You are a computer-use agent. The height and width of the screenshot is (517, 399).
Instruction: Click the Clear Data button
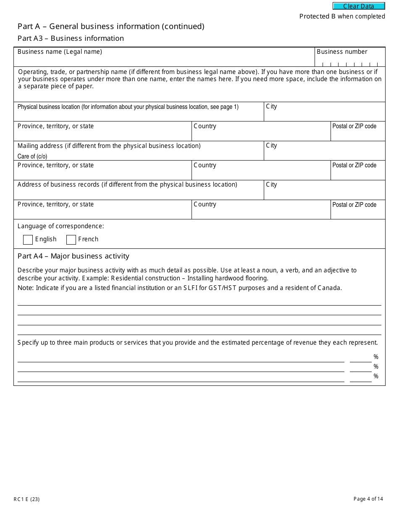[359, 6]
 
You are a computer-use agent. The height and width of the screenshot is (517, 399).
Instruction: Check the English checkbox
[28, 240]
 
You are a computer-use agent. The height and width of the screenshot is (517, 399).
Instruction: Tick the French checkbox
[71, 240]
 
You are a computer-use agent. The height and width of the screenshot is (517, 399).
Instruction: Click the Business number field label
[342, 52]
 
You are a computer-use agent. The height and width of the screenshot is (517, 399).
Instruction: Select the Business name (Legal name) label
[60, 52]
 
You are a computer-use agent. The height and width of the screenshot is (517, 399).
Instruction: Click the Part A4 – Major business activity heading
[73, 256]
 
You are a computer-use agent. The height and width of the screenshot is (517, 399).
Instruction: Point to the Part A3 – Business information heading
[71, 38]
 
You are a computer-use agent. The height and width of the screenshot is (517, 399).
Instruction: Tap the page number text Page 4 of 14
[368, 499]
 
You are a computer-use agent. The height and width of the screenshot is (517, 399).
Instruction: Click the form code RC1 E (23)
[26, 499]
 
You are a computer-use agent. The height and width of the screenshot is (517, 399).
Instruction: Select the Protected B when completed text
[342, 16]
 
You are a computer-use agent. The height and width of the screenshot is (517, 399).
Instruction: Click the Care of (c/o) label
[32, 156]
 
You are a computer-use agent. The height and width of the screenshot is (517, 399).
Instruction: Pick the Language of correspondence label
[60, 226]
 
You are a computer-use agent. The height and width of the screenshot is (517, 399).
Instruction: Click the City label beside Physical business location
[271, 106]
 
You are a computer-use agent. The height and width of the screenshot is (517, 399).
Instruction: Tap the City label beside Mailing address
[271, 145]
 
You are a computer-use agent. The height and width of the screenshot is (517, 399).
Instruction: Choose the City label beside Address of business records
[271, 185]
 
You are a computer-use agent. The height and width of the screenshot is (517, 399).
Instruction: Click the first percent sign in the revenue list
[376, 357]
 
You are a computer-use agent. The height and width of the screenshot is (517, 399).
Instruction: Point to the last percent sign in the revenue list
[376, 376]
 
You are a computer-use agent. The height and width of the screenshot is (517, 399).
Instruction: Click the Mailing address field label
[109, 146]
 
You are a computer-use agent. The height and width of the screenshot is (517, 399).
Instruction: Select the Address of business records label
[127, 185]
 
